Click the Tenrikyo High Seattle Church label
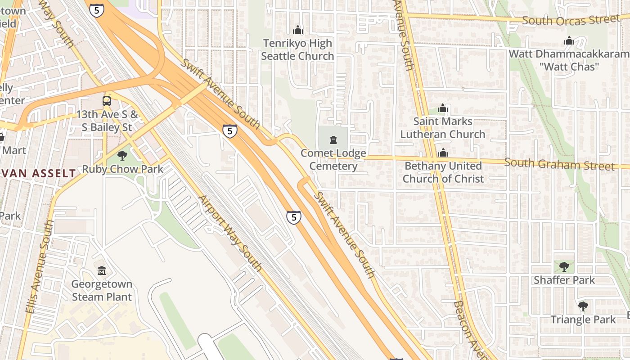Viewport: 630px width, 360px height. (x=297, y=49)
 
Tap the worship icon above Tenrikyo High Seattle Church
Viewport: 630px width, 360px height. (x=297, y=30)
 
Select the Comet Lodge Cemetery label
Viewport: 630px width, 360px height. (x=333, y=160)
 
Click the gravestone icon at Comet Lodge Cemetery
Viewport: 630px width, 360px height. (x=333, y=140)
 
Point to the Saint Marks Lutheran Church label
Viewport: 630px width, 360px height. (x=443, y=128)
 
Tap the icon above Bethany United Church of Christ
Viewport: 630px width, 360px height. (x=443, y=153)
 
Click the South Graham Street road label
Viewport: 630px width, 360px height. (x=559, y=164)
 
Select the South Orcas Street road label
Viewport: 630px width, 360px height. (x=571, y=20)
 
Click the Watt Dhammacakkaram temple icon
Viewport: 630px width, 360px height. (x=569, y=41)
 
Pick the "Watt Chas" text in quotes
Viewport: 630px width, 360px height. (x=569, y=67)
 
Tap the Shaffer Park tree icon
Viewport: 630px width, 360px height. (x=564, y=267)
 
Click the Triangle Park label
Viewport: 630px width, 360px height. (x=583, y=319)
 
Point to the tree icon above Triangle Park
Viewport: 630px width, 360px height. (x=583, y=306)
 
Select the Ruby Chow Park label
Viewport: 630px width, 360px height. (x=122, y=169)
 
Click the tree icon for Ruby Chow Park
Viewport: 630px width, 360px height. (x=122, y=156)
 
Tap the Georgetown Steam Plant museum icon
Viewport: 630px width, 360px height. (x=102, y=271)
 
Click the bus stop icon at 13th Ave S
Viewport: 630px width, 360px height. (x=107, y=101)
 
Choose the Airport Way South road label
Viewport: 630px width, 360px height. (x=230, y=233)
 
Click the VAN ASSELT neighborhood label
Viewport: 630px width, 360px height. (x=38, y=173)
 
